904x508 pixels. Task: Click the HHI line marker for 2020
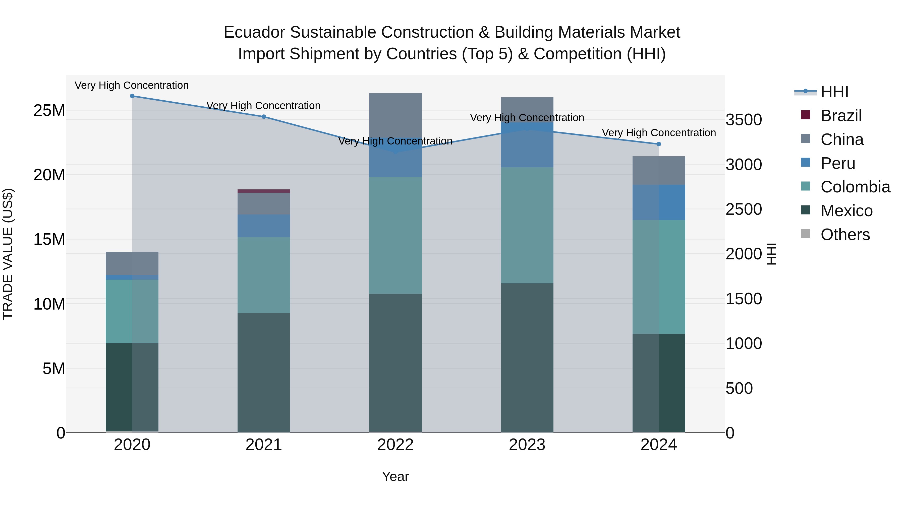click(x=132, y=96)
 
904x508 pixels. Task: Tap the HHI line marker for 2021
click(x=264, y=117)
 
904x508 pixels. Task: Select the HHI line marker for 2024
click(x=659, y=144)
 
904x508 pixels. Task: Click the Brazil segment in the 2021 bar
click(x=264, y=191)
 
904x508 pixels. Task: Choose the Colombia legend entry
click(x=855, y=187)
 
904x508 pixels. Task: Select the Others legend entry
click(x=845, y=235)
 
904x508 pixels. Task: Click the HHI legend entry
click(x=834, y=92)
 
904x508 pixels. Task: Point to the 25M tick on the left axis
click(x=49, y=110)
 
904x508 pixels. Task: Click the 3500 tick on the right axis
click(x=744, y=120)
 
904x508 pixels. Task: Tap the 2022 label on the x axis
click(x=395, y=445)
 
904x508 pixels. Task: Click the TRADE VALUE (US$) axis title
click(x=8, y=254)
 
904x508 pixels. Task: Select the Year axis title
click(x=395, y=476)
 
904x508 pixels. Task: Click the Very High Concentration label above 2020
click(x=132, y=85)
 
